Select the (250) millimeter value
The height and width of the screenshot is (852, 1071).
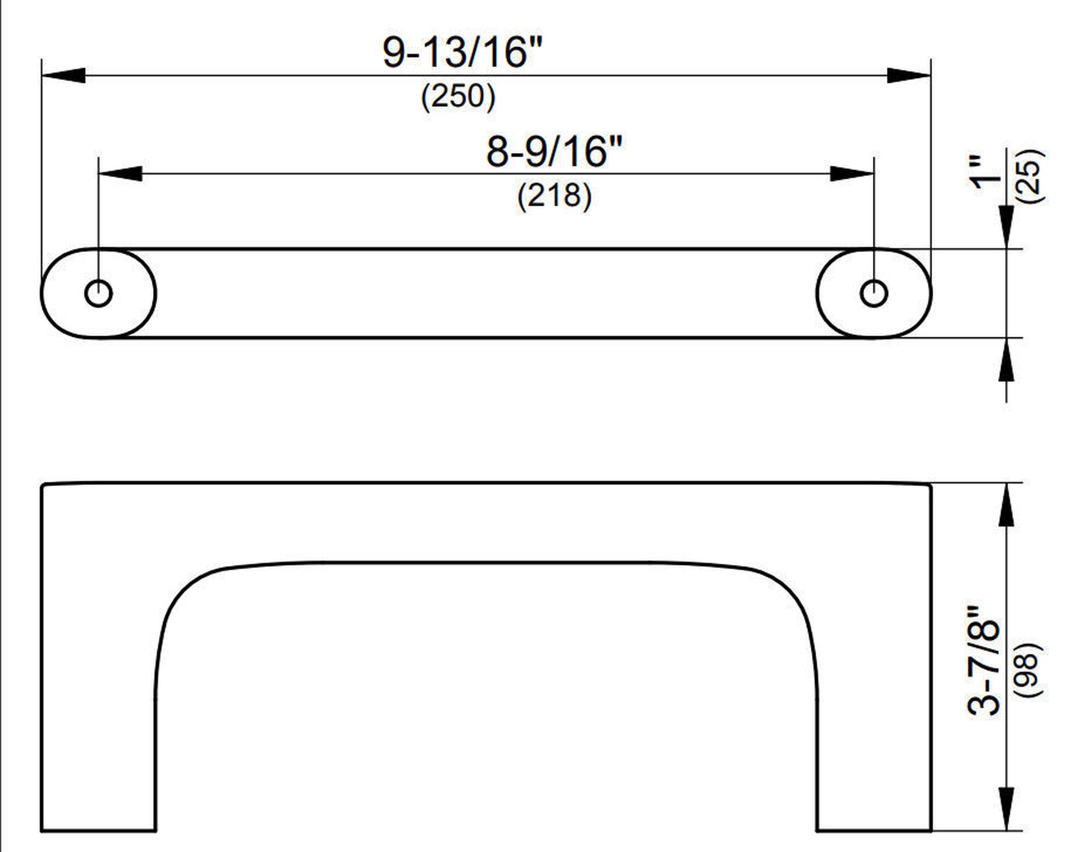pos(458,97)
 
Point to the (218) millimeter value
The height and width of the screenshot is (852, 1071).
pos(555,195)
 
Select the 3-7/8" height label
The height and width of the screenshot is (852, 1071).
pos(984,661)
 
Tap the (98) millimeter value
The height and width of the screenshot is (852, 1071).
pos(1029,670)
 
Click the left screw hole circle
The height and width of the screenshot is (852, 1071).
pos(99,293)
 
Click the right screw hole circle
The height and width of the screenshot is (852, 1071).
pos(874,293)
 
